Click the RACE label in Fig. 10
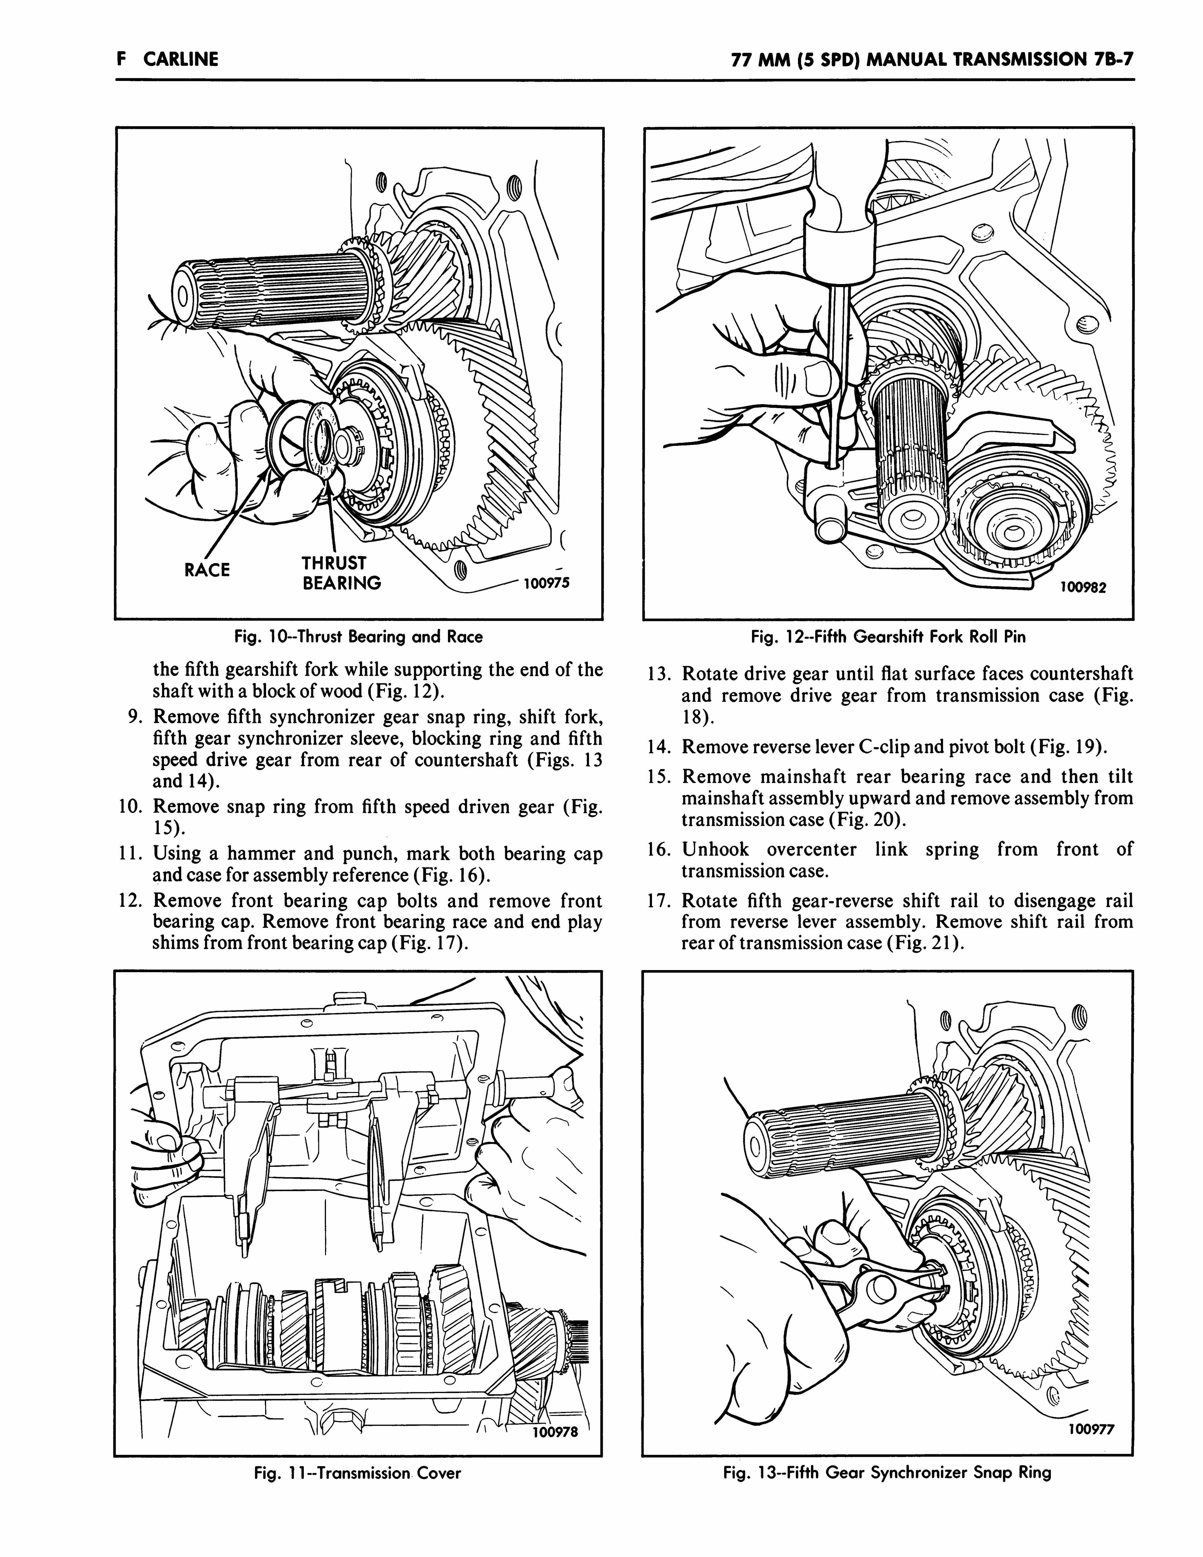207,570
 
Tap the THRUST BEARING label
341,573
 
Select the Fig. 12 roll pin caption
888,636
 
